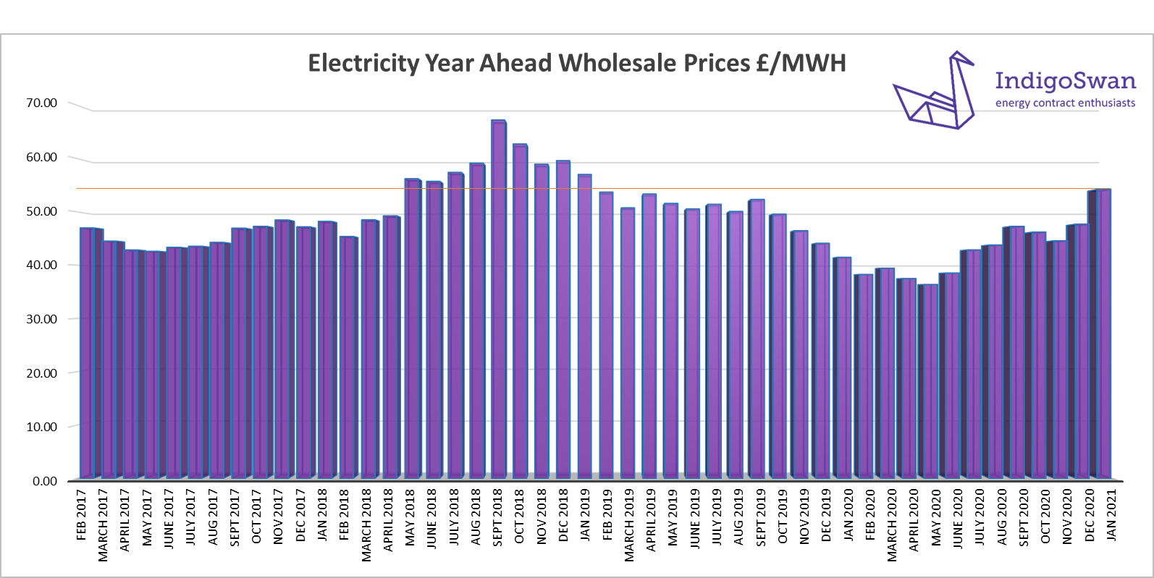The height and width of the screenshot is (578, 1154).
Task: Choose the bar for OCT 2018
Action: [520, 310]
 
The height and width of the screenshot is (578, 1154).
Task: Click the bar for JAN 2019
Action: [584, 326]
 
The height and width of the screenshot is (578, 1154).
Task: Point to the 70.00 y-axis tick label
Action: [42, 103]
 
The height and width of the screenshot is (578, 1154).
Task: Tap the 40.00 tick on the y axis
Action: [42, 265]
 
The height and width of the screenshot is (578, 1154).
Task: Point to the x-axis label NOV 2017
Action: [279, 517]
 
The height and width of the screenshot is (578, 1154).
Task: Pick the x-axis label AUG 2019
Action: [738, 517]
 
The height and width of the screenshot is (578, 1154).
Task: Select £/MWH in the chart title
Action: [801, 64]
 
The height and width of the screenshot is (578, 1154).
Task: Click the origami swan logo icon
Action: [934, 93]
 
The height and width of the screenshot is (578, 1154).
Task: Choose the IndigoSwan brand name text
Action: [1065, 80]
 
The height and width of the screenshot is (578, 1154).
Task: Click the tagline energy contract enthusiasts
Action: [1065, 103]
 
